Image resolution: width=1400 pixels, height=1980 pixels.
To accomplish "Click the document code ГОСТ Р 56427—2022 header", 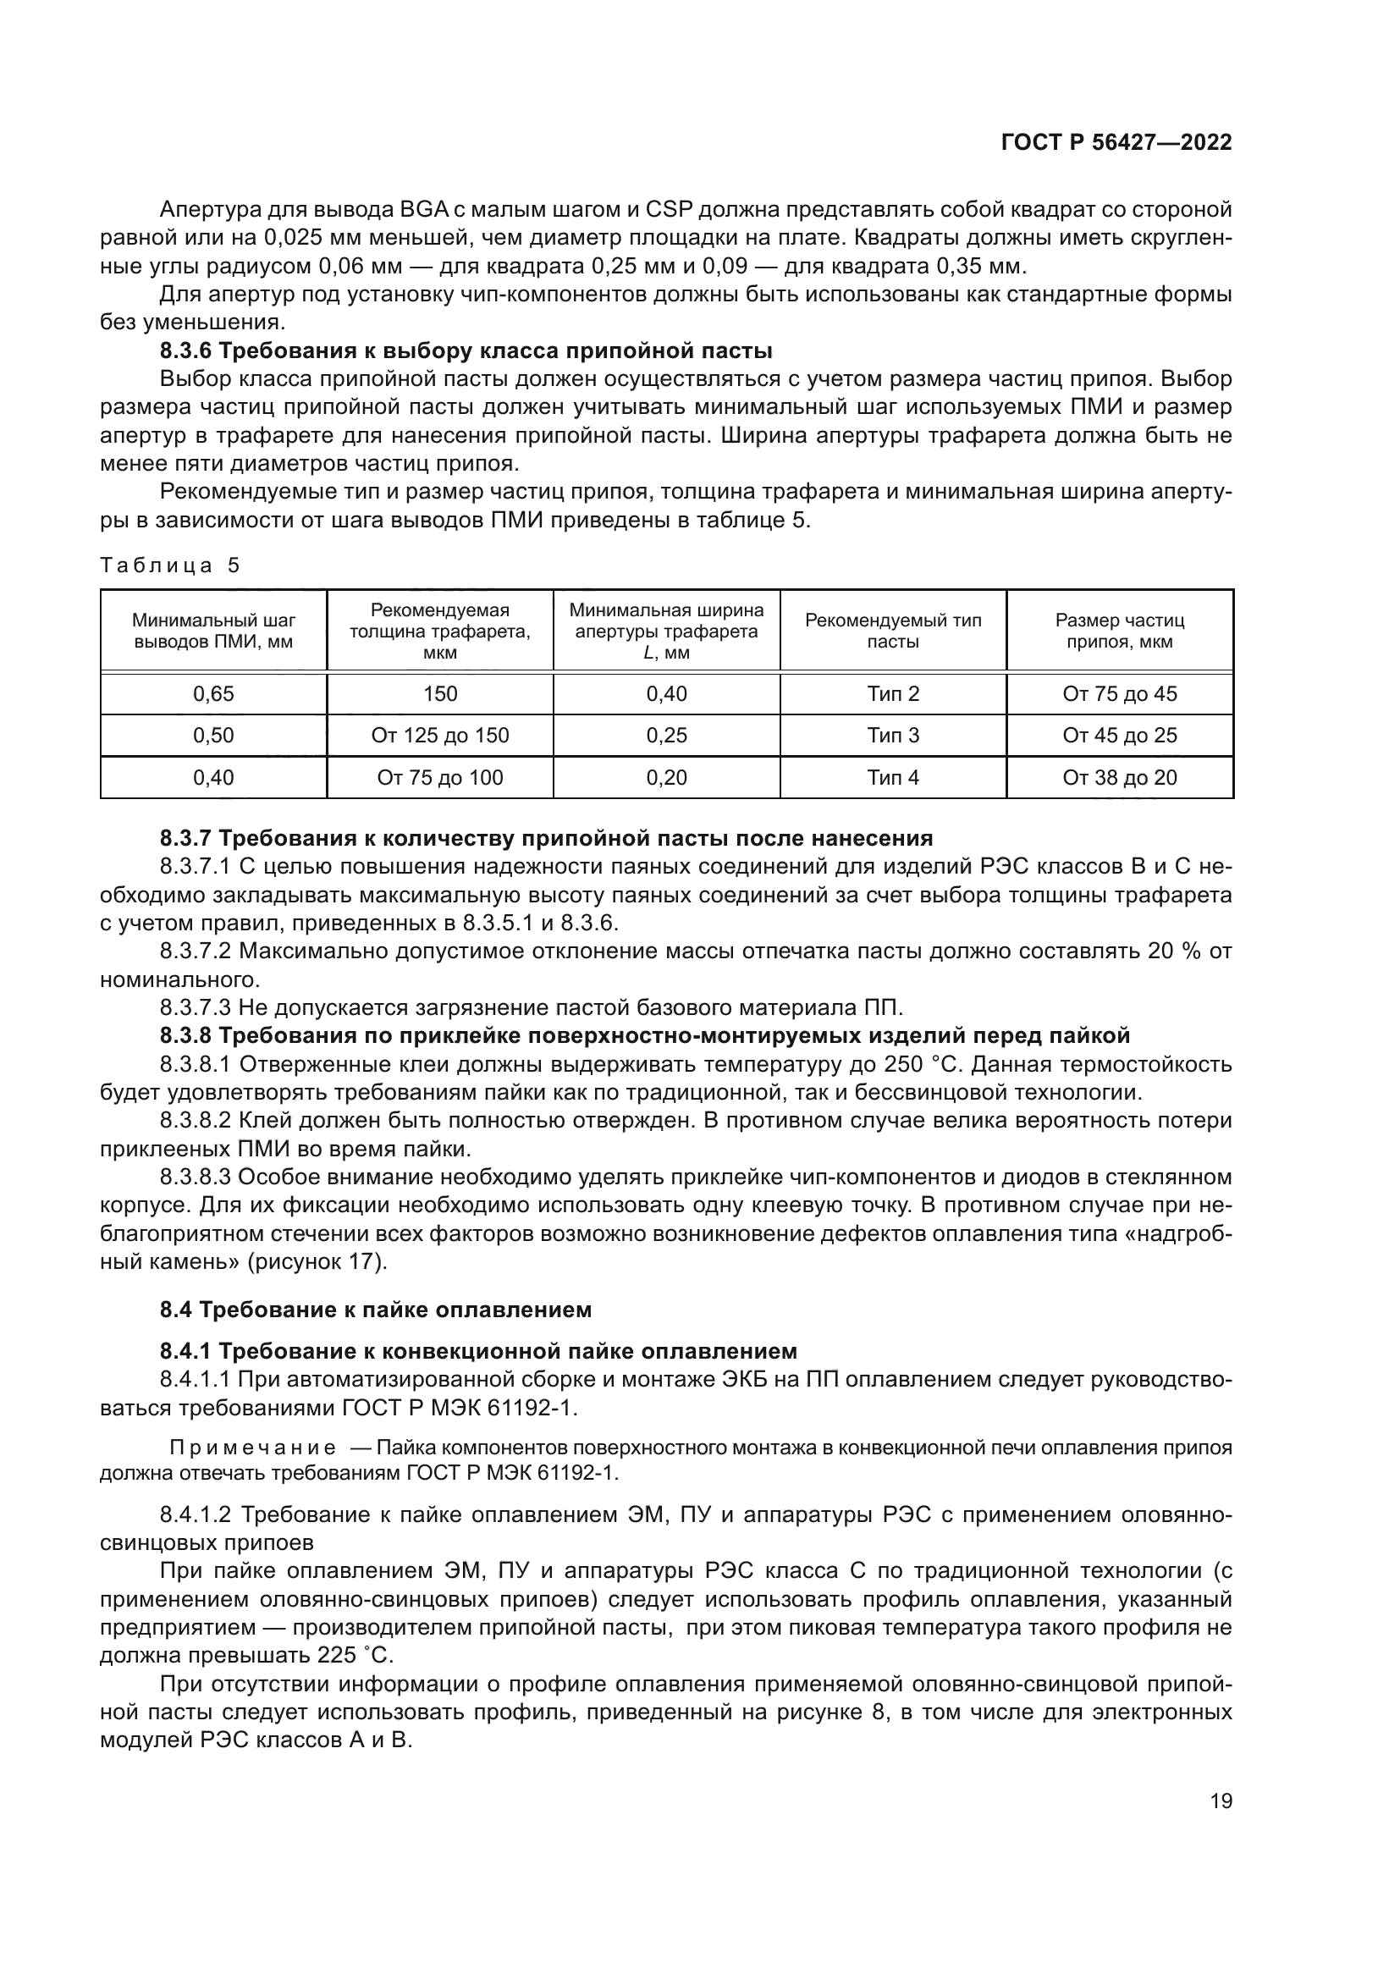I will coord(1116,143).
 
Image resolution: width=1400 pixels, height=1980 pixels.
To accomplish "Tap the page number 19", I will coord(1221,1801).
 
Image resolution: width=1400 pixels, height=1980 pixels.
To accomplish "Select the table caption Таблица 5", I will coord(170,565).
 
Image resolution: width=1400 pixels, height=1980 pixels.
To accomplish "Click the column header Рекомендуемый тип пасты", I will coord(892,631).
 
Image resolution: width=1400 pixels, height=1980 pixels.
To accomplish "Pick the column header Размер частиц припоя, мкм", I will coord(1119,631).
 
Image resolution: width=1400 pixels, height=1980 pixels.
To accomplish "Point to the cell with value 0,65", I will coord(213,693).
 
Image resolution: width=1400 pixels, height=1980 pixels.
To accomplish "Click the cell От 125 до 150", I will coord(439,736).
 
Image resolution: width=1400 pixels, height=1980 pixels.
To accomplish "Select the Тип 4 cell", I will coord(892,778).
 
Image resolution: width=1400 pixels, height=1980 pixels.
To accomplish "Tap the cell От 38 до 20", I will coord(1119,778).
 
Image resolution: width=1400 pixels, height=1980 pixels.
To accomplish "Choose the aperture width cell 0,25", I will coord(666,736).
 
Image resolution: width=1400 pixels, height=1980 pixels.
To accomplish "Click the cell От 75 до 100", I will coord(439,778).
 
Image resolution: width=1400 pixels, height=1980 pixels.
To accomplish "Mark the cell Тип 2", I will coord(892,693).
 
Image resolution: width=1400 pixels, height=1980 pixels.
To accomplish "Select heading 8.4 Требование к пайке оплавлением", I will coord(376,1310).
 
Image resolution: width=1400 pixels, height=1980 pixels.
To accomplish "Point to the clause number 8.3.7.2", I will coord(196,951).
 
